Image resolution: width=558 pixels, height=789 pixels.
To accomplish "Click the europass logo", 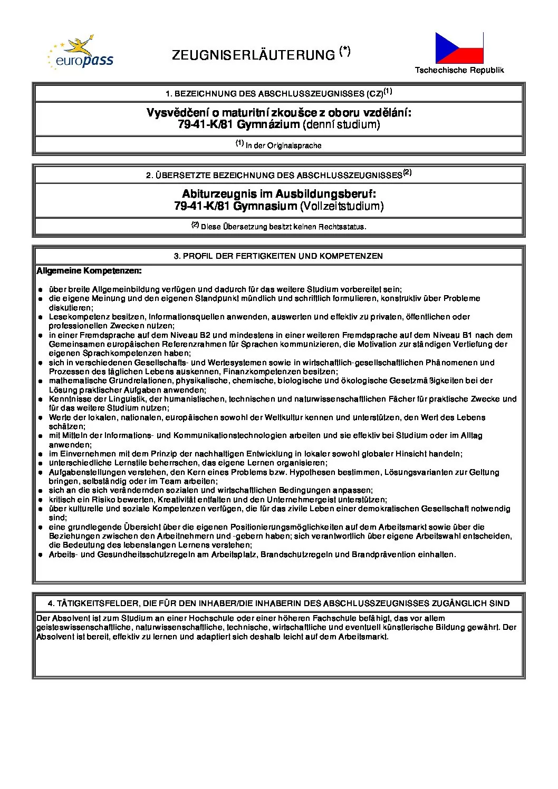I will (80, 54).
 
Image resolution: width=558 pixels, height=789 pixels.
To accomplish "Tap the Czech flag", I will (459, 47).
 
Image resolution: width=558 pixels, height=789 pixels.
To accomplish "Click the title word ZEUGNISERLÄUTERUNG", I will (254, 55).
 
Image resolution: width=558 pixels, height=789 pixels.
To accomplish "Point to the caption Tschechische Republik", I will (459, 70).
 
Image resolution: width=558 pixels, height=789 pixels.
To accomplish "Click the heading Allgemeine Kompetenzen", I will (89, 271).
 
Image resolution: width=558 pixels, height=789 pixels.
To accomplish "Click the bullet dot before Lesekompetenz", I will (40, 317).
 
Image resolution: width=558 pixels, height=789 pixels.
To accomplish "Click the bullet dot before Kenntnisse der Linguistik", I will (40, 400).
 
